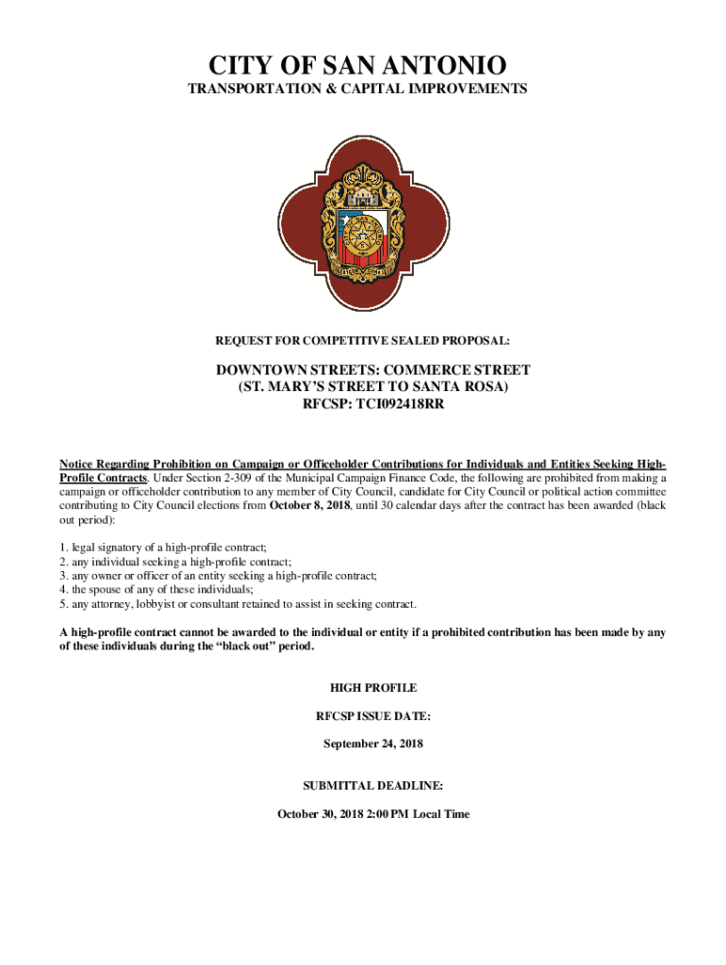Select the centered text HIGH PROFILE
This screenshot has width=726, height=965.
click(373, 688)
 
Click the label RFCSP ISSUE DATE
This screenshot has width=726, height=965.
click(373, 716)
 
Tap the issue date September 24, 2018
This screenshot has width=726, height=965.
click(373, 744)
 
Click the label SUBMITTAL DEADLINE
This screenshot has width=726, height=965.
click(373, 785)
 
